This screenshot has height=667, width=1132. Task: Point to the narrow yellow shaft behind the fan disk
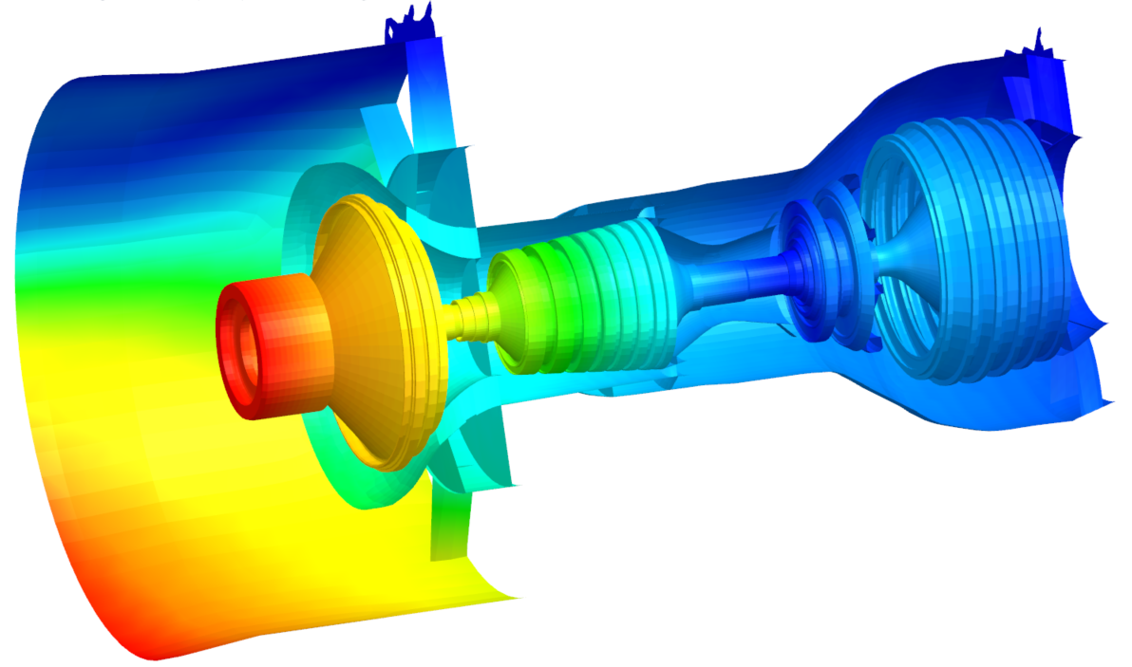465,317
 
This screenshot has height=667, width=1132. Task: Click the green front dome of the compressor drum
518,304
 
